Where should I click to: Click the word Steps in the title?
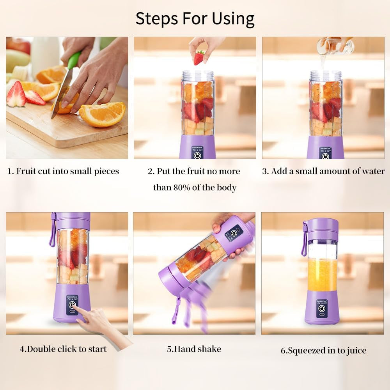[155, 19]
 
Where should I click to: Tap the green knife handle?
[74, 60]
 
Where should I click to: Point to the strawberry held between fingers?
[199, 58]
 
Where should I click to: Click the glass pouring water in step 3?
[335, 46]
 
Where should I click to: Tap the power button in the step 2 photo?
[198, 155]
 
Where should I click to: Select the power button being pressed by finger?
[72, 305]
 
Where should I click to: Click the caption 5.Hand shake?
[194, 349]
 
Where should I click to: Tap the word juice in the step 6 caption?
[355, 351]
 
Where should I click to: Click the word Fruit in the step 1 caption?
[26, 171]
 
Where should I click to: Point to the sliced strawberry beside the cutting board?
[16, 96]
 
